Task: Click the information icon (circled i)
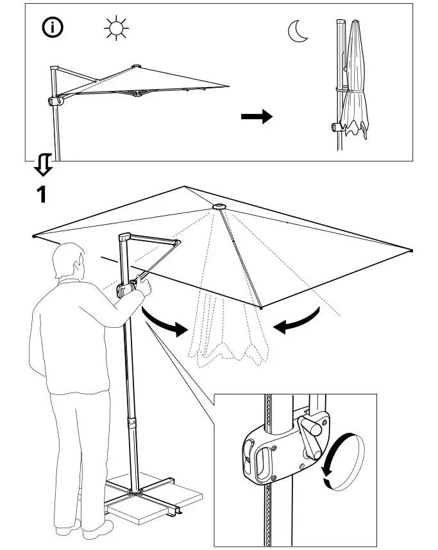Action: pos(53,29)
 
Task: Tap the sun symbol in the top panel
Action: pos(116,29)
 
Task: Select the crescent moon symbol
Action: pos(297,31)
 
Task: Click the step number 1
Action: pos(40,193)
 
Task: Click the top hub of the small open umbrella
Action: pos(136,65)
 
